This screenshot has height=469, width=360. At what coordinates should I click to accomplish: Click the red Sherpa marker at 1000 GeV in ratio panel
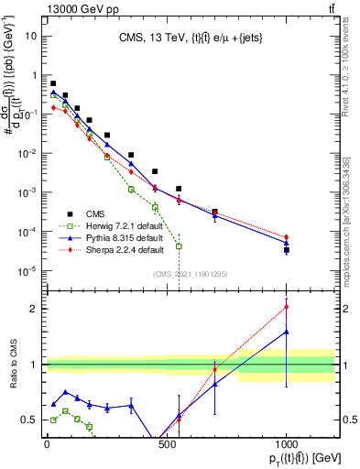pos(287,307)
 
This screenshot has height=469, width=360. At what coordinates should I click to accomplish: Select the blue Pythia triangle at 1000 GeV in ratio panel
pos(287,332)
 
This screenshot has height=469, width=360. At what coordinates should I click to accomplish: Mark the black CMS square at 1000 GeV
pos(287,249)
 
